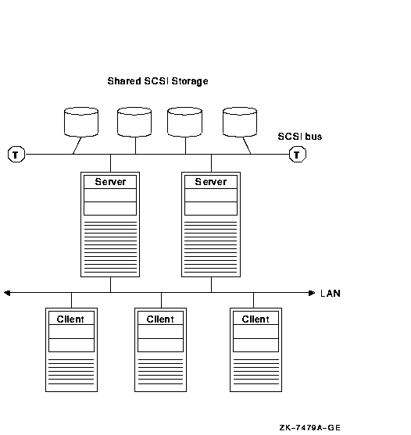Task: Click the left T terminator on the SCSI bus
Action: click(16, 155)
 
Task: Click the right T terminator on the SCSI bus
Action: click(298, 155)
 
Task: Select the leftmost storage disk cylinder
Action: click(81, 122)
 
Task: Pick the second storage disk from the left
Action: click(134, 122)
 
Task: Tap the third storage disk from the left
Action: click(185, 122)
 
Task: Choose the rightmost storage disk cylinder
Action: click(240, 122)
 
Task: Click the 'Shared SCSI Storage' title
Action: click(158, 81)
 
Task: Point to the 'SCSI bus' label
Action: click(300, 137)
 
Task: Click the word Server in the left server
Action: click(110, 182)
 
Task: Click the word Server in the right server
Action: click(211, 182)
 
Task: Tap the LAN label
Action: click(331, 293)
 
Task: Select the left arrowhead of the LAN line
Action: click(7, 293)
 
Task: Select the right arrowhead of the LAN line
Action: click(312, 293)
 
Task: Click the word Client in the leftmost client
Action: click(70, 319)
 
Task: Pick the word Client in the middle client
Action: click(160, 319)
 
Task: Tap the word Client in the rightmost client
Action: click(256, 319)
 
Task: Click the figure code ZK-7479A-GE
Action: click(309, 427)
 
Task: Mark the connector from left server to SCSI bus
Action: click(110, 163)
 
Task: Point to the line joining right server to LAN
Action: click(211, 284)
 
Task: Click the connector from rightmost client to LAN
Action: click(253, 300)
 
